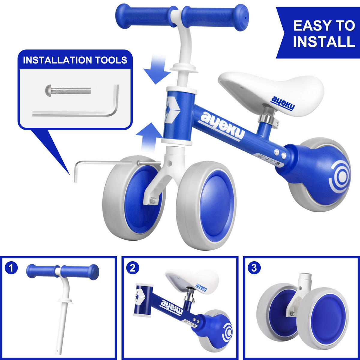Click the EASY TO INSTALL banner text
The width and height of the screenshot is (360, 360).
point(323,33)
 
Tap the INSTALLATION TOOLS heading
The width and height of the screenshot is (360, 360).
point(75,60)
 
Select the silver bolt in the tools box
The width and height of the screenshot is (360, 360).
point(68,89)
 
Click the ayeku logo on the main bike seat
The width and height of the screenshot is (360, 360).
point(283,103)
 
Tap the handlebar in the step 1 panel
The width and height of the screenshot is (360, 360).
point(63,272)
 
